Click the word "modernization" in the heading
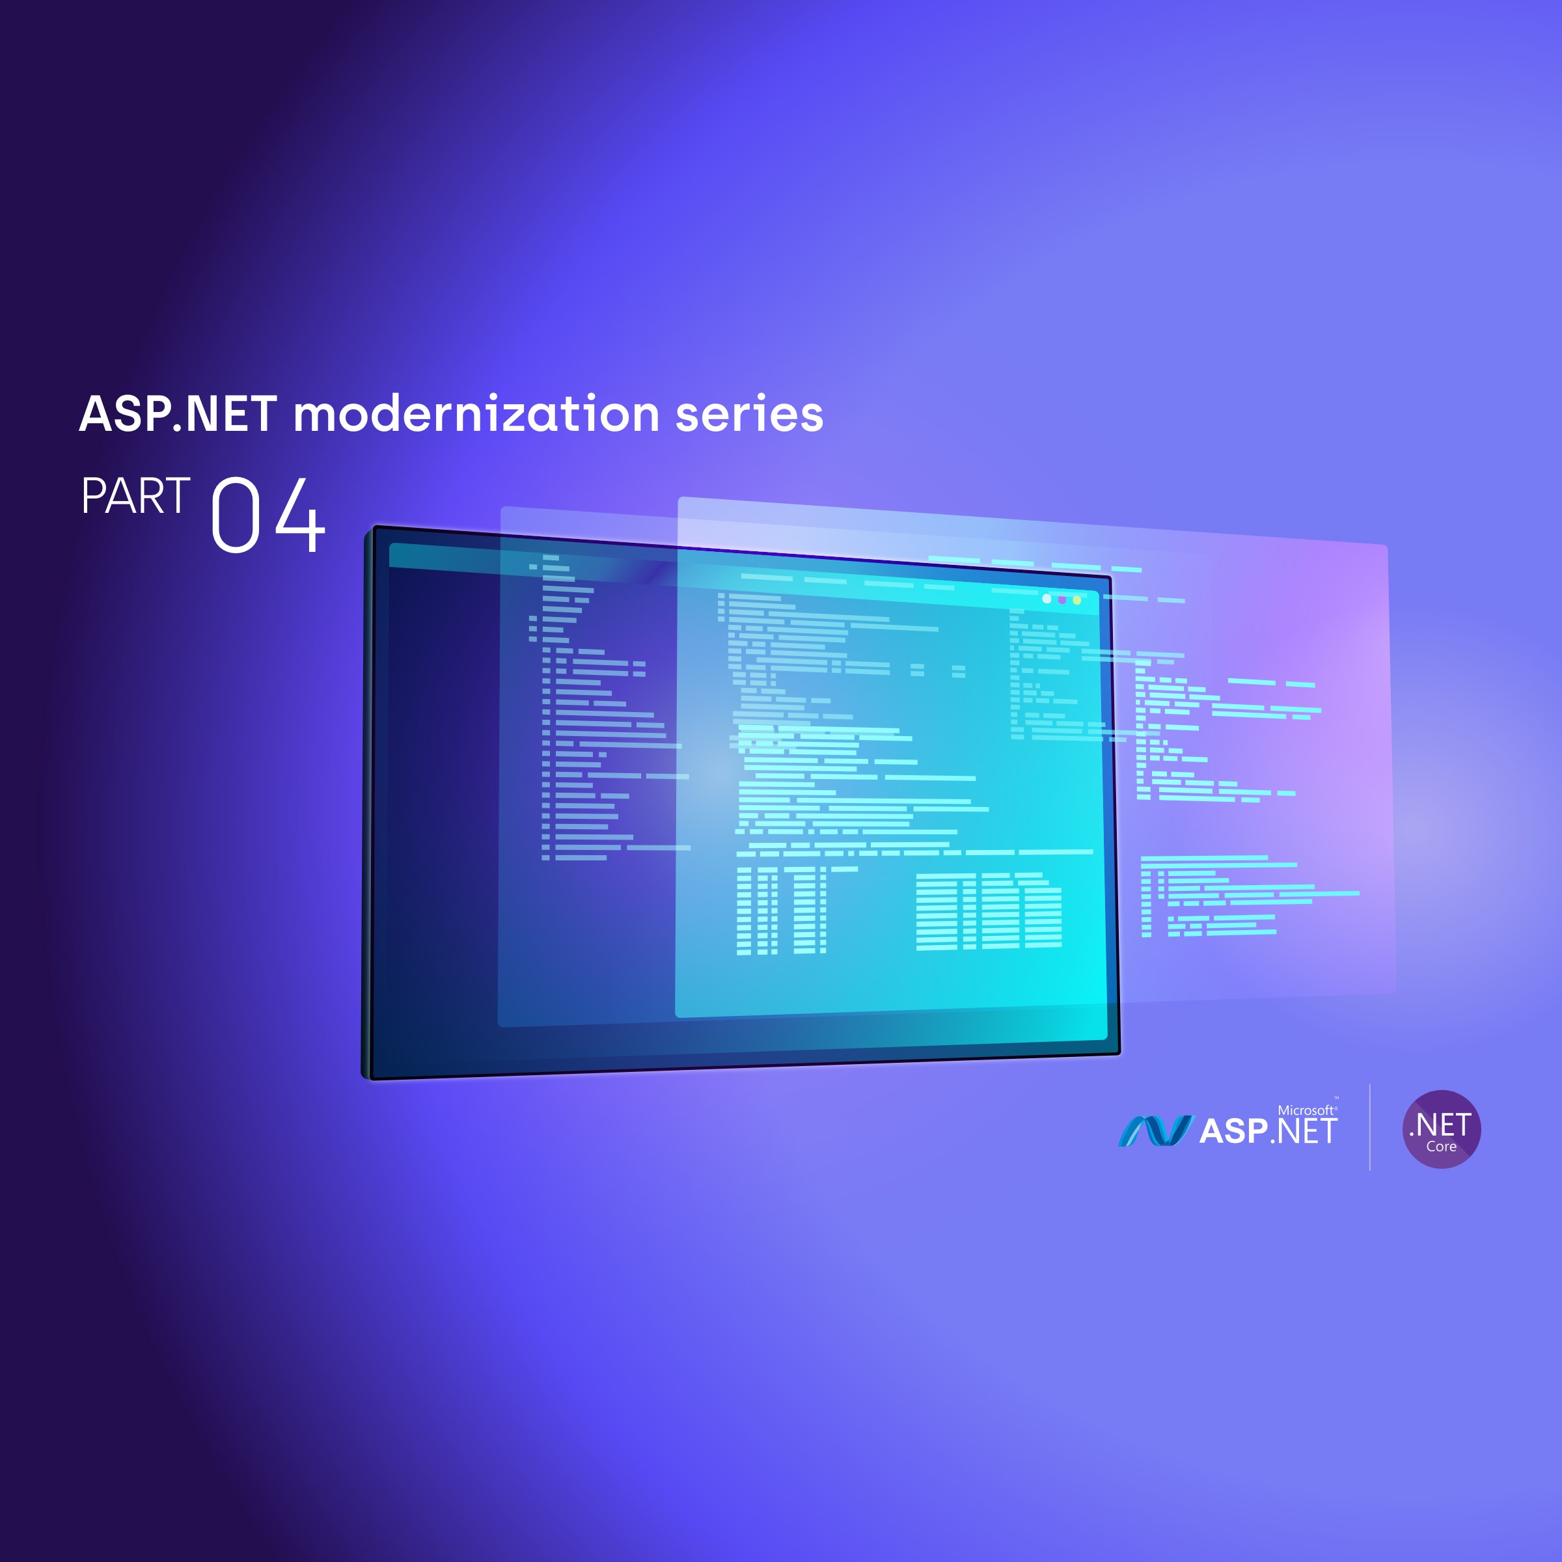(x=477, y=414)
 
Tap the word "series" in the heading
(x=748, y=414)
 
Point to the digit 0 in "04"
(x=235, y=515)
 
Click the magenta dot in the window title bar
(x=1062, y=600)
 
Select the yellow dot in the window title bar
(x=1077, y=600)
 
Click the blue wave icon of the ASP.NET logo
(x=1155, y=1130)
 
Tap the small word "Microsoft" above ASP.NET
(x=1305, y=1110)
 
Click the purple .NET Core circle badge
(x=1441, y=1129)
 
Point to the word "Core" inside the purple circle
(x=1441, y=1146)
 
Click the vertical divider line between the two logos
(x=1369, y=1127)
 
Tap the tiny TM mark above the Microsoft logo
(x=1336, y=1098)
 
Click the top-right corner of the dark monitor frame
(x=1110, y=578)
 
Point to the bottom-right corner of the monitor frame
(x=1118, y=1054)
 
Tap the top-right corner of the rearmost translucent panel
(x=1386, y=547)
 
